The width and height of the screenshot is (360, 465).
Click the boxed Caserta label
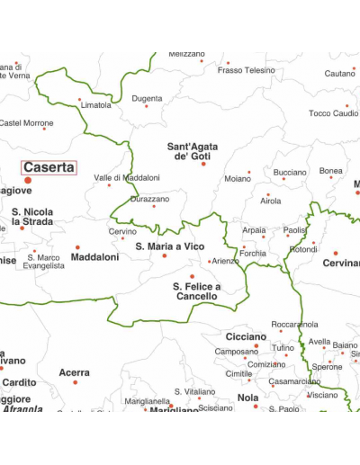49,167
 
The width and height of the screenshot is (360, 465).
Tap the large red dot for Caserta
28,180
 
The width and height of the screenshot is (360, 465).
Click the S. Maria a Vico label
164,246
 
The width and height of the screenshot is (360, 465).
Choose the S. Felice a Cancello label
196,291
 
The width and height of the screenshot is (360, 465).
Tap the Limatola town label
96,105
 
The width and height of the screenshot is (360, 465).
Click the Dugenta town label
147,99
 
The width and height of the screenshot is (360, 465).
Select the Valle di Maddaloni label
127,178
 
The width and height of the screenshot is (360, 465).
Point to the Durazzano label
148,199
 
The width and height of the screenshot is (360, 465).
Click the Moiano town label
238,179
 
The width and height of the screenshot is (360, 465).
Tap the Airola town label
270,201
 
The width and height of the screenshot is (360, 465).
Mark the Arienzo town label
226,261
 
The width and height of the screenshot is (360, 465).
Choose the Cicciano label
246,336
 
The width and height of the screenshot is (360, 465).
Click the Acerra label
74,372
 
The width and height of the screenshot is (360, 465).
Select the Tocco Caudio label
333,113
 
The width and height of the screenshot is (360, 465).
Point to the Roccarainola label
294,324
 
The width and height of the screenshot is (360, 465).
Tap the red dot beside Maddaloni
77,246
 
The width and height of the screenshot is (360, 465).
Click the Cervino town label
123,231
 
